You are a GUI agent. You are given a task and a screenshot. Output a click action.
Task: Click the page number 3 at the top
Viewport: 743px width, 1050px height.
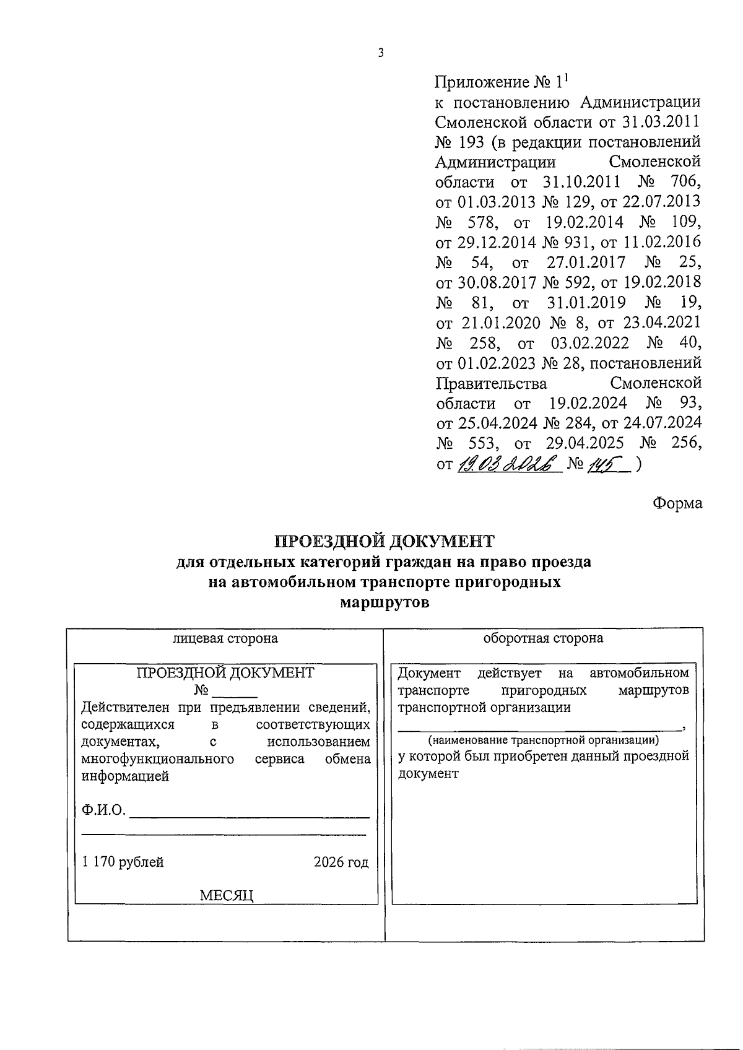(x=380, y=54)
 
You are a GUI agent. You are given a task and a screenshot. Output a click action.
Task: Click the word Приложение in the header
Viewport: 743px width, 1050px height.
(x=474, y=82)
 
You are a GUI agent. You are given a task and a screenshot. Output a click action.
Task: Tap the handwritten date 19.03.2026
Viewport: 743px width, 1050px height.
(x=508, y=464)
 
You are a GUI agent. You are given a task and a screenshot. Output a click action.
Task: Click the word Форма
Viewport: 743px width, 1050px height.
(x=677, y=503)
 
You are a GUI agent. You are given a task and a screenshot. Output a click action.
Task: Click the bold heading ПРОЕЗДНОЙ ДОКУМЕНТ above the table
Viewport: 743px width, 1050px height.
(x=385, y=541)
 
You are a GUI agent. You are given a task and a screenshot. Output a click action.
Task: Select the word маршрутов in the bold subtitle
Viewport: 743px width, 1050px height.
(x=385, y=602)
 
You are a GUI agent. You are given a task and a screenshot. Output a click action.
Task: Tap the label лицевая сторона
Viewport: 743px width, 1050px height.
(x=225, y=638)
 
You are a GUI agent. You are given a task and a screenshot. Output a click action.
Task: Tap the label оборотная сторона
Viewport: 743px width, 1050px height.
(x=543, y=638)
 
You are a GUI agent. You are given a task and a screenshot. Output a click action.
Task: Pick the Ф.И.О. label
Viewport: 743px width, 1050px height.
(x=103, y=810)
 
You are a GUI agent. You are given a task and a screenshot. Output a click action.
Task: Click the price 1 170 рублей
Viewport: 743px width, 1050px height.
(x=123, y=862)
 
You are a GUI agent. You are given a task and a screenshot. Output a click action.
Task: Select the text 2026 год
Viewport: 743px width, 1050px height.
(x=341, y=862)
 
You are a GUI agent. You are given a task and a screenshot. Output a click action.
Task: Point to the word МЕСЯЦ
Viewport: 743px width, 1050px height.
(x=227, y=895)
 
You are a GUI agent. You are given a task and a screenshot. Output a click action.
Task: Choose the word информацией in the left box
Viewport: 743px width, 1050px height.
(x=125, y=776)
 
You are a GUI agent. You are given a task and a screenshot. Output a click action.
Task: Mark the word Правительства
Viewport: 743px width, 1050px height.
(x=492, y=383)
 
